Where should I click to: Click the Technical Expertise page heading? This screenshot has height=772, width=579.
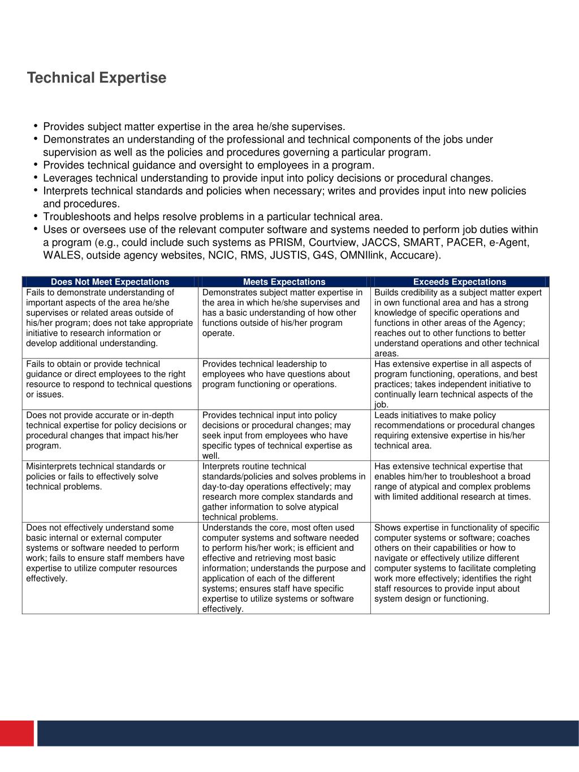pyautogui.click(x=97, y=77)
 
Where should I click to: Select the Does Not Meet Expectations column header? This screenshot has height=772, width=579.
pyautogui.click(x=110, y=282)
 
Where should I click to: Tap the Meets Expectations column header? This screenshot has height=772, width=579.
pyautogui.click(x=284, y=282)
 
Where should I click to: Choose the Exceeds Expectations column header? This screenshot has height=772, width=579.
pyautogui.click(x=460, y=282)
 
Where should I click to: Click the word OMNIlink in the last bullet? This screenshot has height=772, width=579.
pyautogui.click(x=364, y=256)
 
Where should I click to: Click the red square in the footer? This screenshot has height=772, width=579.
pyautogui.click(x=17, y=733)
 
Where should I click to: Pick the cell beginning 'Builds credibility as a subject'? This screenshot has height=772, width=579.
pyautogui.click(x=460, y=322)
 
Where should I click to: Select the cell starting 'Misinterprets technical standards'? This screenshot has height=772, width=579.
pyautogui.click(x=110, y=491)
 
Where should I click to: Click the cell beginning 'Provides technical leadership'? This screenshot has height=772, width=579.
pyautogui.click(x=284, y=383)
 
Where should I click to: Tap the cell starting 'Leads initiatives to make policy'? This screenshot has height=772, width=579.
pyautogui.click(x=460, y=435)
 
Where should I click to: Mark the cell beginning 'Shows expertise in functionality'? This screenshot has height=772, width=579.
pyautogui.click(x=460, y=568)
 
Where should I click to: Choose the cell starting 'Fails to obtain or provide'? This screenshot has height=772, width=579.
pyautogui.click(x=110, y=383)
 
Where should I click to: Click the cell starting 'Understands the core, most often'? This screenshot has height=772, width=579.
pyautogui.click(x=284, y=568)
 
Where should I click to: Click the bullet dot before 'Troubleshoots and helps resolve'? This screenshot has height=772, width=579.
pyautogui.click(x=36, y=216)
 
